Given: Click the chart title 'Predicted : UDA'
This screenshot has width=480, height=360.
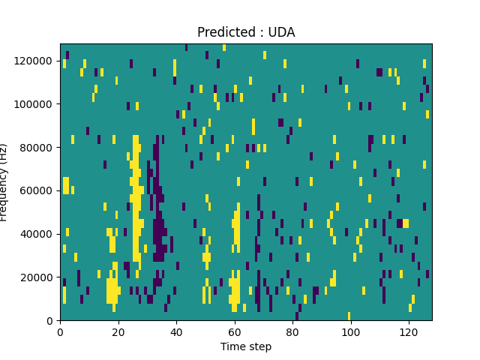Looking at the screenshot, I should [x=246, y=32].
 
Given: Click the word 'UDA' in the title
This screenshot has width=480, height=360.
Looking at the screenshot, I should [x=281, y=32].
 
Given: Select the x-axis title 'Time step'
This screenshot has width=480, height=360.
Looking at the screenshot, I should [x=246, y=346].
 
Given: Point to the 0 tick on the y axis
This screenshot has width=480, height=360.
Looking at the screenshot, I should [x=50, y=321].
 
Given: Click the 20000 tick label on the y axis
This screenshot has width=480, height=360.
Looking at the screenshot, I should [x=38, y=277].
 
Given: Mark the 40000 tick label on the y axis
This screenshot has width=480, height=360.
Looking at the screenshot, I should [x=38, y=234].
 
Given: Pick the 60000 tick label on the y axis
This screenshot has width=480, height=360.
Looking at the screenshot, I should [x=38, y=190].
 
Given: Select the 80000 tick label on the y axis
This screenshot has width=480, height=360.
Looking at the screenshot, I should [x=38, y=147].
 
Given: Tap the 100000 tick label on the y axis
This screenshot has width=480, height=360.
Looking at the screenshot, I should [x=36, y=103].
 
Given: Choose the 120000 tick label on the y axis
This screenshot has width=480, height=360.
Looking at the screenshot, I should [x=36, y=60].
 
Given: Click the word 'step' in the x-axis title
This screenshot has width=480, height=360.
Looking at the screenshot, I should [x=259, y=346].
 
